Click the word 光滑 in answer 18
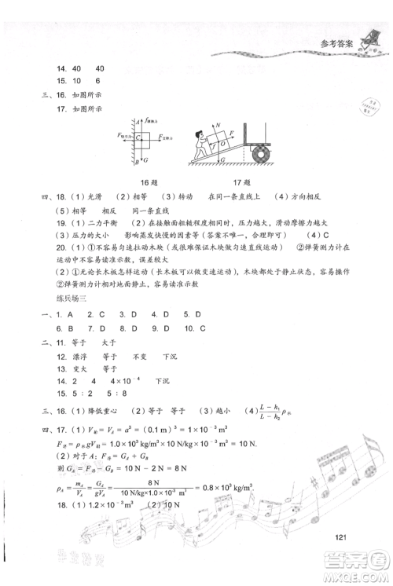[x=90, y=195]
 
